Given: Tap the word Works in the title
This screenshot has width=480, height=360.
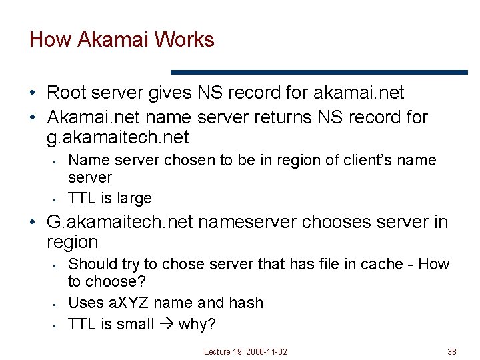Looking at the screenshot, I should pos(184,39).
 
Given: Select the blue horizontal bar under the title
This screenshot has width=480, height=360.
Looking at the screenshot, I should pos(319,72).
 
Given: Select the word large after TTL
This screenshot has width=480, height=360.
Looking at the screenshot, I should pos(134,198).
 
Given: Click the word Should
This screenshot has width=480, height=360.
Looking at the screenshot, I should pos(91,264).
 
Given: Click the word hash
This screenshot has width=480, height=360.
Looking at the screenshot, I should pos(246,303).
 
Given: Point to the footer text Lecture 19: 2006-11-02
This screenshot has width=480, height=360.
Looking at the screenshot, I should pos(246,351).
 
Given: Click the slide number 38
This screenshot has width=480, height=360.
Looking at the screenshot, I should pos(452,351).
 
